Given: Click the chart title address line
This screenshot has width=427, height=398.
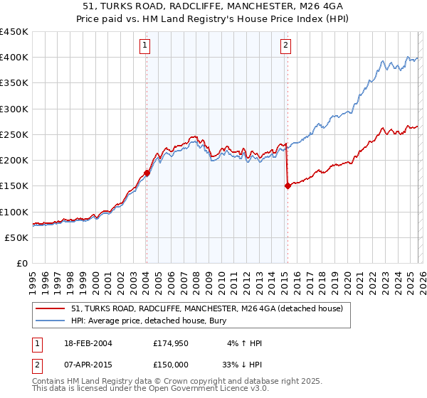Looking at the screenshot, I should coord(213,6).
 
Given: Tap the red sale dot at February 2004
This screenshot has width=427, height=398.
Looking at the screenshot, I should coord(147,173).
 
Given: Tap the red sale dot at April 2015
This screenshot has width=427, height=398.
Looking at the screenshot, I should coord(288,185).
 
